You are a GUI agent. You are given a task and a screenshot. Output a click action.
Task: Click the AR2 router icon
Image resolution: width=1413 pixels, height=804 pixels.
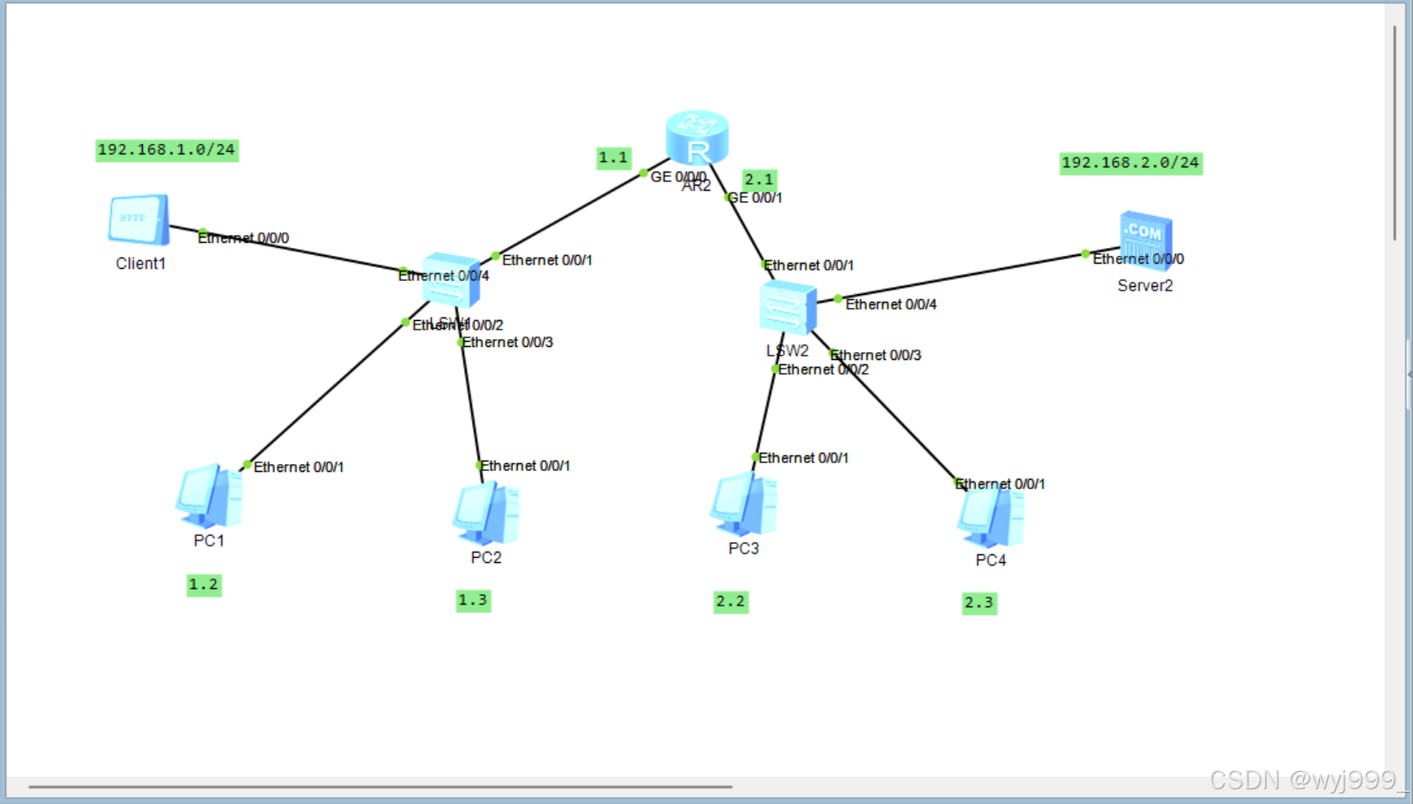point(697,138)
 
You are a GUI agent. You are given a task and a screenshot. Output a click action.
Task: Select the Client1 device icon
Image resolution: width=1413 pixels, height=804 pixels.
point(139,220)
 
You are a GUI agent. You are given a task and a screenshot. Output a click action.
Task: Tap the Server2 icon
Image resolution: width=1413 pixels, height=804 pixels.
point(1145,239)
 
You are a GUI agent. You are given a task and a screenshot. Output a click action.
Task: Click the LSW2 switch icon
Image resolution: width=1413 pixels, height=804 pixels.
point(787,307)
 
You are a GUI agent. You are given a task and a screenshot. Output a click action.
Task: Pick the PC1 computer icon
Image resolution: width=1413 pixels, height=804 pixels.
point(209,496)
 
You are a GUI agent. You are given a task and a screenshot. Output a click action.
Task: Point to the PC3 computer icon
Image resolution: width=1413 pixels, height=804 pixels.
point(743,504)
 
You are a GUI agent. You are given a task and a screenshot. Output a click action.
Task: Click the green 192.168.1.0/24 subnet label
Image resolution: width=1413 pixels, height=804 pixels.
point(167,150)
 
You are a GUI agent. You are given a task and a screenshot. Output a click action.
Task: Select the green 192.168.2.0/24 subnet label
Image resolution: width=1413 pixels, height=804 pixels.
point(1130,163)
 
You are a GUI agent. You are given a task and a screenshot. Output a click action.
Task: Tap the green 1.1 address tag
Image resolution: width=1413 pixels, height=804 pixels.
point(613,158)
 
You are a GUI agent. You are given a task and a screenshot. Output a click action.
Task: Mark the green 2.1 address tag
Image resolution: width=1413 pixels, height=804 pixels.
point(759,180)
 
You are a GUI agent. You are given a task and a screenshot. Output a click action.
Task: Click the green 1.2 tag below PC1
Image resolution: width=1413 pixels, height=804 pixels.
point(204,585)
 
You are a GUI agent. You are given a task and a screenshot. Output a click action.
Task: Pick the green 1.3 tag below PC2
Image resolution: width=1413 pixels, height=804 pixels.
point(473,600)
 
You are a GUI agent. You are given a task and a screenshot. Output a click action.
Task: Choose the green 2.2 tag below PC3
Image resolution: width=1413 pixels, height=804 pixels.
point(730,602)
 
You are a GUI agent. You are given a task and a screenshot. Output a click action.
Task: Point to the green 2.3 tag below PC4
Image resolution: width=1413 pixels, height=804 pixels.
point(978,603)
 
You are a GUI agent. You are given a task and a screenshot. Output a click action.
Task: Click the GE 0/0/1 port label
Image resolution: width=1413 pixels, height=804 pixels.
point(756,198)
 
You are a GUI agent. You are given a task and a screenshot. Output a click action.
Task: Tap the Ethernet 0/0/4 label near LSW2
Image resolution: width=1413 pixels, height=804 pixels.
point(891,304)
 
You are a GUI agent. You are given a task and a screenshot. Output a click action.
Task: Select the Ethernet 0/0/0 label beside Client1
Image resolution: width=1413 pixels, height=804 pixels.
point(244,238)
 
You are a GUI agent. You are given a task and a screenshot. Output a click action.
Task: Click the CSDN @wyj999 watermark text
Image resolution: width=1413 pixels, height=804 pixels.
point(1306,780)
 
